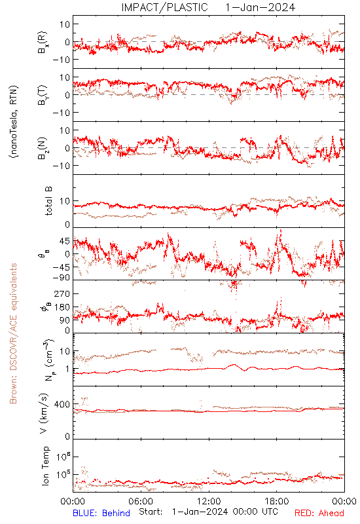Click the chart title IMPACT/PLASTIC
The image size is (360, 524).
[x=164, y=7]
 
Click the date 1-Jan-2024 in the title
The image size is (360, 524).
[x=260, y=7]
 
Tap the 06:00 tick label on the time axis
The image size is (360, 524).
[x=141, y=501]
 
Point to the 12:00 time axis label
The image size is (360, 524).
[x=209, y=501]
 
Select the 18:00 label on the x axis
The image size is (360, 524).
[x=277, y=501]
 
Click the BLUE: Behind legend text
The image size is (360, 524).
[x=101, y=513]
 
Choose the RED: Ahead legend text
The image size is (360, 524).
[x=319, y=513]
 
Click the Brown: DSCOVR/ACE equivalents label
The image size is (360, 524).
[x=13, y=333]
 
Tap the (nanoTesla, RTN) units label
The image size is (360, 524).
[x=14, y=121]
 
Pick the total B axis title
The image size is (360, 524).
[x=48, y=200]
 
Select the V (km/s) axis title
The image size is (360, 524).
[x=44, y=413]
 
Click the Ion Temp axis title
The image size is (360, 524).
[x=45, y=466]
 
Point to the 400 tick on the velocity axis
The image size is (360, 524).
[x=62, y=404]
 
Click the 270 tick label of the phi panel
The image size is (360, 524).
[x=62, y=293]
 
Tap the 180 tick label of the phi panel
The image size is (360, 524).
[x=62, y=307]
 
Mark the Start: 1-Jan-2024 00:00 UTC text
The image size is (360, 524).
[x=208, y=512]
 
